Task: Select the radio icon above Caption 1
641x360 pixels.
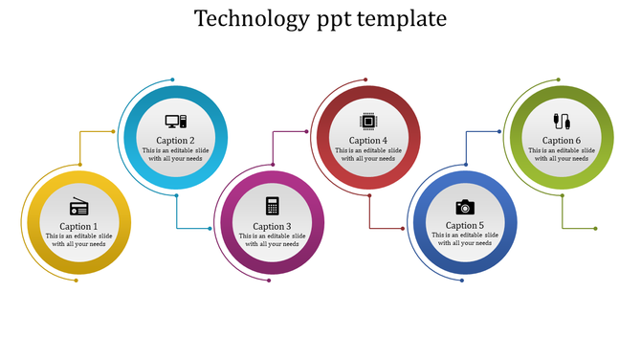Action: [79, 207]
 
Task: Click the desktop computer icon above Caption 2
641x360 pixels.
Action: [176, 122]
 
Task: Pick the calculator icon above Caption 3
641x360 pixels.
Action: [273, 206]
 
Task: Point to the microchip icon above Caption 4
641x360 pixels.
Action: [367, 122]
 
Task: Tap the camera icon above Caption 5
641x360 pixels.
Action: [465, 207]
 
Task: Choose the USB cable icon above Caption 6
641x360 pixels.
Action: [562, 122]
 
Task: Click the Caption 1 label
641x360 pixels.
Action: [79, 226]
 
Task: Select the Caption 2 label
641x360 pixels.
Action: [176, 141]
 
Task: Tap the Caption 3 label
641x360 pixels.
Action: [273, 226]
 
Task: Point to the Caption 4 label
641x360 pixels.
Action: [368, 141]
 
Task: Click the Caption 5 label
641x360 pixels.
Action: [465, 226]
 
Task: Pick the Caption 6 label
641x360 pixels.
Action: [562, 141]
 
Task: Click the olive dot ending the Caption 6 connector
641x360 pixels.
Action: [595, 229]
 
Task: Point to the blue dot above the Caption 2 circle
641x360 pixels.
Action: [172, 79]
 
